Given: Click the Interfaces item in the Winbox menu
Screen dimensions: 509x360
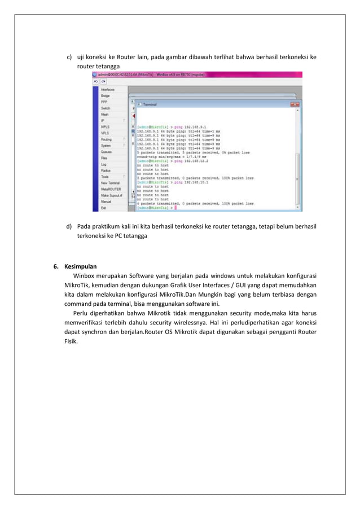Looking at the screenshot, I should [108, 90].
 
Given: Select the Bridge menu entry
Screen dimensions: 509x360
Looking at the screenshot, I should [105, 96].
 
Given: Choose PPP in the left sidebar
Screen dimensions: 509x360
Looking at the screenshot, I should [104, 102].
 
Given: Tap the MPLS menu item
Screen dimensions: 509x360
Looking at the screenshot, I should [105, 127].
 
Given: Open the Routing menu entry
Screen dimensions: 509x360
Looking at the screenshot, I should [106, 139].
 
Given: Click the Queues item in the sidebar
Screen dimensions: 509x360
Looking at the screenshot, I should [106, 152].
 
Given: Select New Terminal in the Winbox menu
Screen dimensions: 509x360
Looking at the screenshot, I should [110, 183].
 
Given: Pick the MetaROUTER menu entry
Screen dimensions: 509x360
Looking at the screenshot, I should [111, 189].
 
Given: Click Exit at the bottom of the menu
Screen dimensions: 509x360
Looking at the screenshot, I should [103, 208].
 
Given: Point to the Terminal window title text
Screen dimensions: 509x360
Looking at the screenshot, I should [150, 104].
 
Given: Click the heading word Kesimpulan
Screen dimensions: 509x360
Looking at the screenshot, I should [80, 266].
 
